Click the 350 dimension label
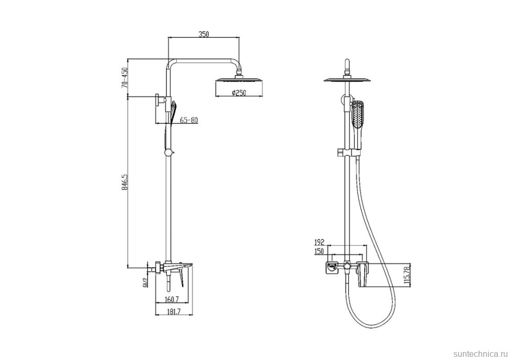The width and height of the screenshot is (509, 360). [204, 34]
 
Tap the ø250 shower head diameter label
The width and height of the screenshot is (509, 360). [239, 93]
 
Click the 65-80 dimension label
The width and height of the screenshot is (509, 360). [188, 120]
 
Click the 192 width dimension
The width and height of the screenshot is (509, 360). [320, 242]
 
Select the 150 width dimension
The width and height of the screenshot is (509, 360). [320, 251]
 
